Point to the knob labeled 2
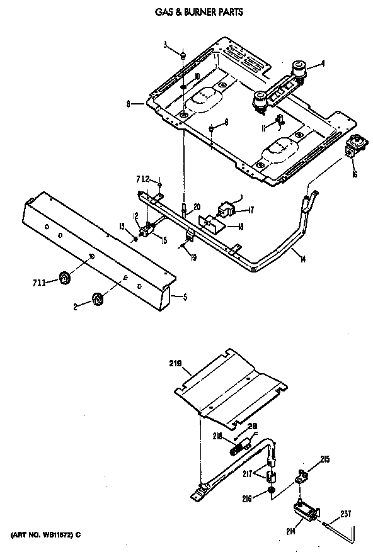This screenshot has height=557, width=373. [x=97, y=301]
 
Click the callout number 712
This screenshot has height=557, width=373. [x=144, y=179]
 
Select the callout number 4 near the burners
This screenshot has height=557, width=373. [x=323, y=63]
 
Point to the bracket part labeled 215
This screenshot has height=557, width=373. [x=302, y=475]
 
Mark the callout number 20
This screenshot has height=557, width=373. [x=197, y=207]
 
